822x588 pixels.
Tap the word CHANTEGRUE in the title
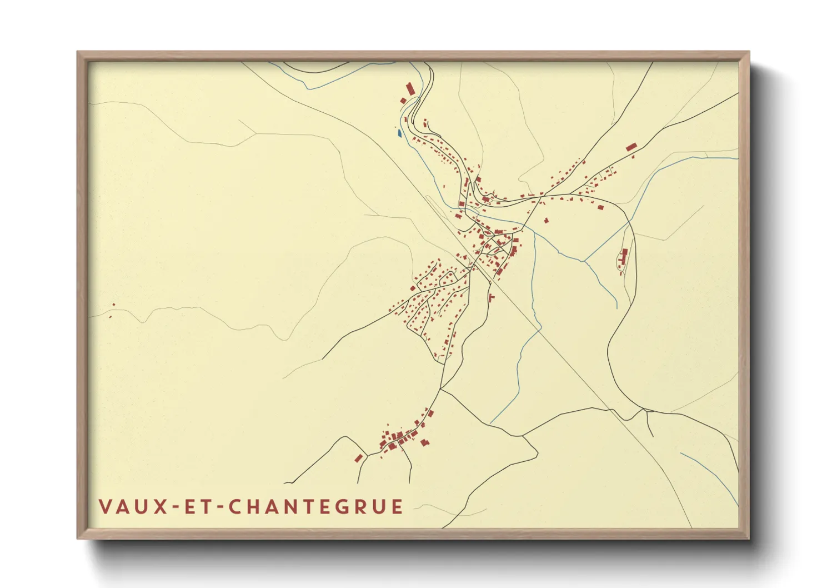click(x=316, y=507)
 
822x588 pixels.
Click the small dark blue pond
click(x=398, y=132)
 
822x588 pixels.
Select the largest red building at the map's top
click(x=411, y=89)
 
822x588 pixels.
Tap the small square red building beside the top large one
click(x=403, y=101)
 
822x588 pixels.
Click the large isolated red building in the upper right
click(x=631, y=147)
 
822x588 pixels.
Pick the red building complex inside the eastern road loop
click(x=623, y=258)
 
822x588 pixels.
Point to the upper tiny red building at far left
click(x=114, y=305)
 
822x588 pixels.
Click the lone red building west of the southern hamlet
click(x=359, y=458)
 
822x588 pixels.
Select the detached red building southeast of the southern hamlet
click(x=425, y=442)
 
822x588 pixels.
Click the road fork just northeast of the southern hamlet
click(x=442, y=389)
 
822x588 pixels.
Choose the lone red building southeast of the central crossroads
click(x=491, y=298)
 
